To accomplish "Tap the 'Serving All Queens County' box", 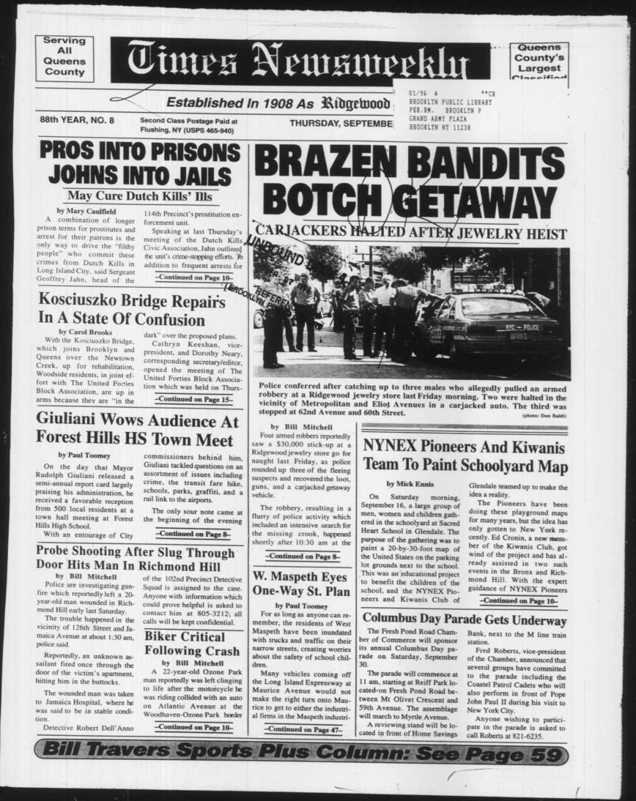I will [x=65, y=57].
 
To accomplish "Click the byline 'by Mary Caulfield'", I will [x=86, y=211].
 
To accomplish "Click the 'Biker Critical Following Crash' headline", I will [x=192, y=644].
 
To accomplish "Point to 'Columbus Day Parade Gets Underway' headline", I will [x=464, y=620].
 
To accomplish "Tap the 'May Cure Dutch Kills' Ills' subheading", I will [x=140, y=196].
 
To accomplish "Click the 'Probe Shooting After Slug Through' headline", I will [x=135, y=552].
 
